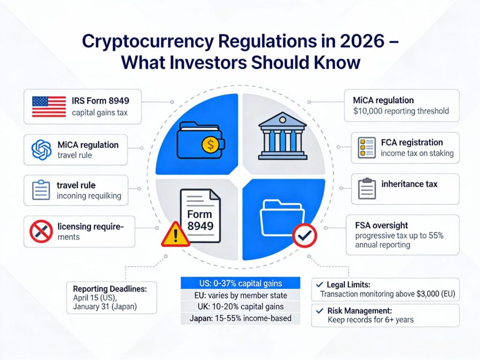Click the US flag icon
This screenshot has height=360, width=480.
(49, 106)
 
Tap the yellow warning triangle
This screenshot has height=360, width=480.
(175, 234)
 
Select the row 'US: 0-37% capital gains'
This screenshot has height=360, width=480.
(240, 283)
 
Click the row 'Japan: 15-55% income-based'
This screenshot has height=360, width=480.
(240, 318)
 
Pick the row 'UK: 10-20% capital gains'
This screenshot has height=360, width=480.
(240, 307)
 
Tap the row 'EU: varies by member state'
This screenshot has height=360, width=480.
(240, 295)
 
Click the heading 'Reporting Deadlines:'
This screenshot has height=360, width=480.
(110, 288)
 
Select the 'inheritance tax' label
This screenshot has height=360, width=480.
(409, 184)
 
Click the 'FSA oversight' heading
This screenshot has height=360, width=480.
(382, 225)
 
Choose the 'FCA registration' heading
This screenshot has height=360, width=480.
(412, 142)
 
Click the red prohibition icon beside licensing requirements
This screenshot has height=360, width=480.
(40, 231)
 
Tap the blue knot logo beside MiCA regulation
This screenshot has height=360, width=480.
(41, 150)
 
